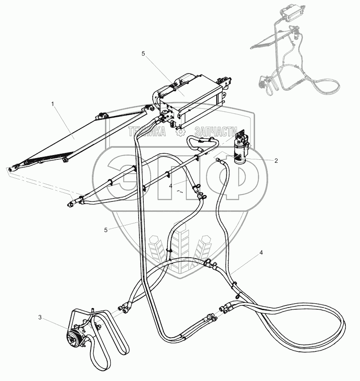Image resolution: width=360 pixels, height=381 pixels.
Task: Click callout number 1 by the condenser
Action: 53,104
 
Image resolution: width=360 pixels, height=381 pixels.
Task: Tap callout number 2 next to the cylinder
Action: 276,161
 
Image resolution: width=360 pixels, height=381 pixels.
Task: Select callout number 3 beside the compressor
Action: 40,318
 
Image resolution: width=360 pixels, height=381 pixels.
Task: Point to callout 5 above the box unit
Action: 143,53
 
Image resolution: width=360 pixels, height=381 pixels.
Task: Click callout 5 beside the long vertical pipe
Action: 106,230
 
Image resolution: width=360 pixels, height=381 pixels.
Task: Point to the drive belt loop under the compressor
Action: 103,344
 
